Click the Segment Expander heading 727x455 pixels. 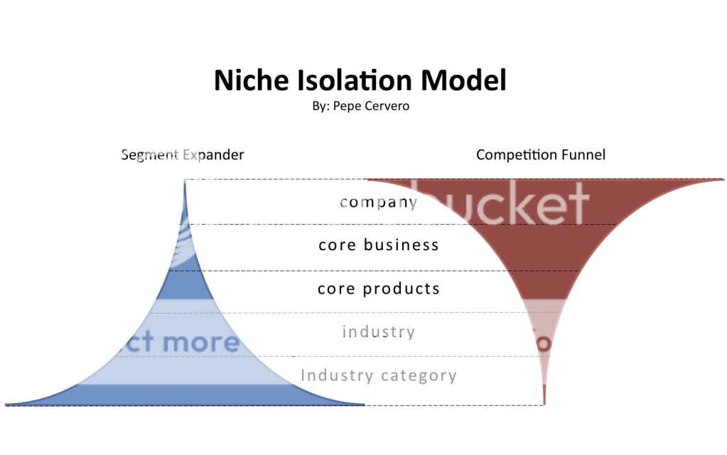(x=183, y=154)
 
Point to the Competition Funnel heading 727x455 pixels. (x=541, y=154)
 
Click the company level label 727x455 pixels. (x=379, y=202)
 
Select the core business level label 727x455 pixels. (x=379, y=245)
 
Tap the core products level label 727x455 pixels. (x=379, y=289)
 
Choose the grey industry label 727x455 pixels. (x=379, y=332)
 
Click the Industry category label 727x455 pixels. (x=379, y=375)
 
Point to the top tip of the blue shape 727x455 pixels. (x=185, y=182)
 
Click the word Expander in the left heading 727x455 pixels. (x=214, y=154)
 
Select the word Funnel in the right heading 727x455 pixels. (x=583, y=154)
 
